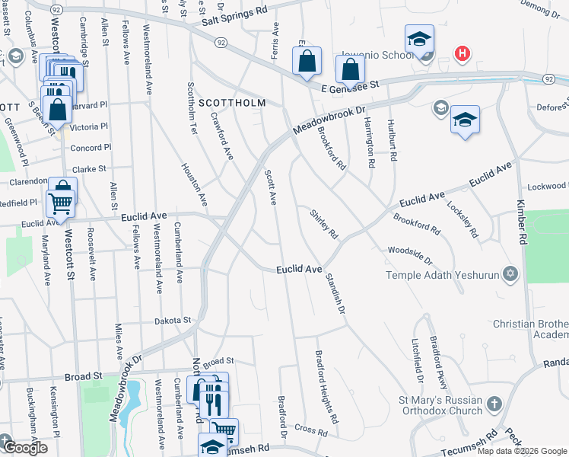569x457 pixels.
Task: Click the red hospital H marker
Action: [x=461, y=54]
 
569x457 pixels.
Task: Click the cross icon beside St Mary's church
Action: [x=494, y=404]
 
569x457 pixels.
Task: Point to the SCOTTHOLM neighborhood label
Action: [x=231, y=102]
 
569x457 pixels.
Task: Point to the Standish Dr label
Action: [x=335, y=296]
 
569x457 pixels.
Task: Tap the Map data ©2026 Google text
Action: [x=522, y=451]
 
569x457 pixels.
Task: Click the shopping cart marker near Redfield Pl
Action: [x=60, y=202]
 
